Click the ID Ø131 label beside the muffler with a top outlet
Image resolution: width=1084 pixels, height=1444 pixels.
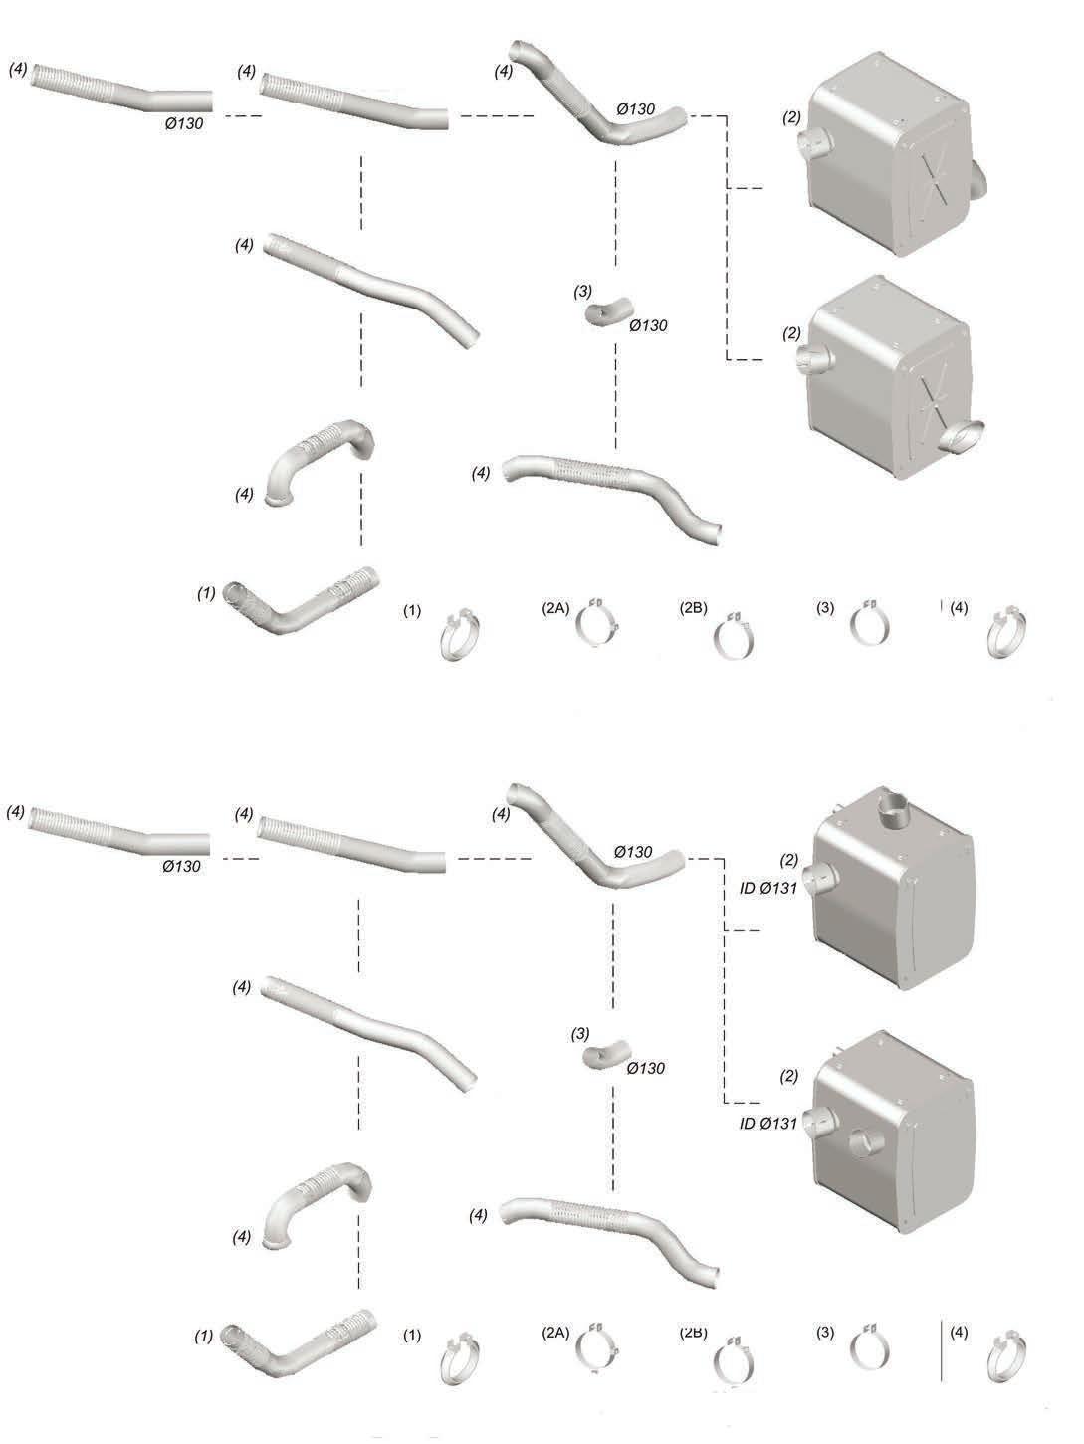[768, 888]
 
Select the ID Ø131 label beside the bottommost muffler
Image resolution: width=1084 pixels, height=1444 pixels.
[768, 1123]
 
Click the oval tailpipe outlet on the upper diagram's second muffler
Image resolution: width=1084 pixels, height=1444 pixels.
[963, 436]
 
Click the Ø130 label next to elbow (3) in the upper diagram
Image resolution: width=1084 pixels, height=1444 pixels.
[648, 325]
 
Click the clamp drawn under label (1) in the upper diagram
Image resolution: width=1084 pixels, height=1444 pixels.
[459, 634]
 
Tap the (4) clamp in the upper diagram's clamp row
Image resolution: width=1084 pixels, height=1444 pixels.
[1006, 633]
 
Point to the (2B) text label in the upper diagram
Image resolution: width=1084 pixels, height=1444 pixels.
[693, 608]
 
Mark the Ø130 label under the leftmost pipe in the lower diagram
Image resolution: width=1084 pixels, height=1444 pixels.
[182, 867]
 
